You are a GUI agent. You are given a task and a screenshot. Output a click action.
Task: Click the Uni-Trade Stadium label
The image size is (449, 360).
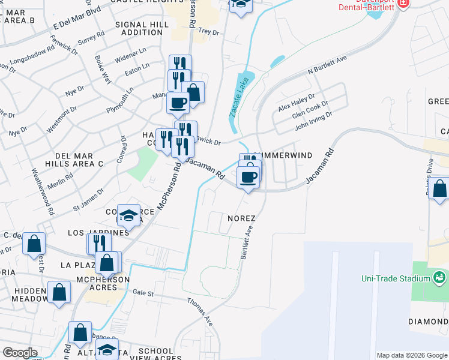pos(396,278)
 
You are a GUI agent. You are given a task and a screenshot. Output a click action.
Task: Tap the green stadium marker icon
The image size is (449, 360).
pos(439,278)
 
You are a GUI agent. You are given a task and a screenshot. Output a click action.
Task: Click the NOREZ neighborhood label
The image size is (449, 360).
pos(241,218)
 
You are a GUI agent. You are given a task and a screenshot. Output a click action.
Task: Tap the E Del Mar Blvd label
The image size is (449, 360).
pos(76,18)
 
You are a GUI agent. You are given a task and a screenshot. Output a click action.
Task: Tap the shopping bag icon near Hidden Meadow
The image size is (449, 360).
pos(59,292)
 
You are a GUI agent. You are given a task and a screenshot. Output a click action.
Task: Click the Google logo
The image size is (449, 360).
pos(20,353)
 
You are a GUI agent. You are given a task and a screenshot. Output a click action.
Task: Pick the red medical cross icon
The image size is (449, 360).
pos(403,2)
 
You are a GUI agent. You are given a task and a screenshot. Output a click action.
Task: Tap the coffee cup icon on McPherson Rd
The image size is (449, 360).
pos(178,103)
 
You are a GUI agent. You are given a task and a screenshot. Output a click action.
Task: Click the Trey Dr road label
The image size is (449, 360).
pos(208,31)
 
